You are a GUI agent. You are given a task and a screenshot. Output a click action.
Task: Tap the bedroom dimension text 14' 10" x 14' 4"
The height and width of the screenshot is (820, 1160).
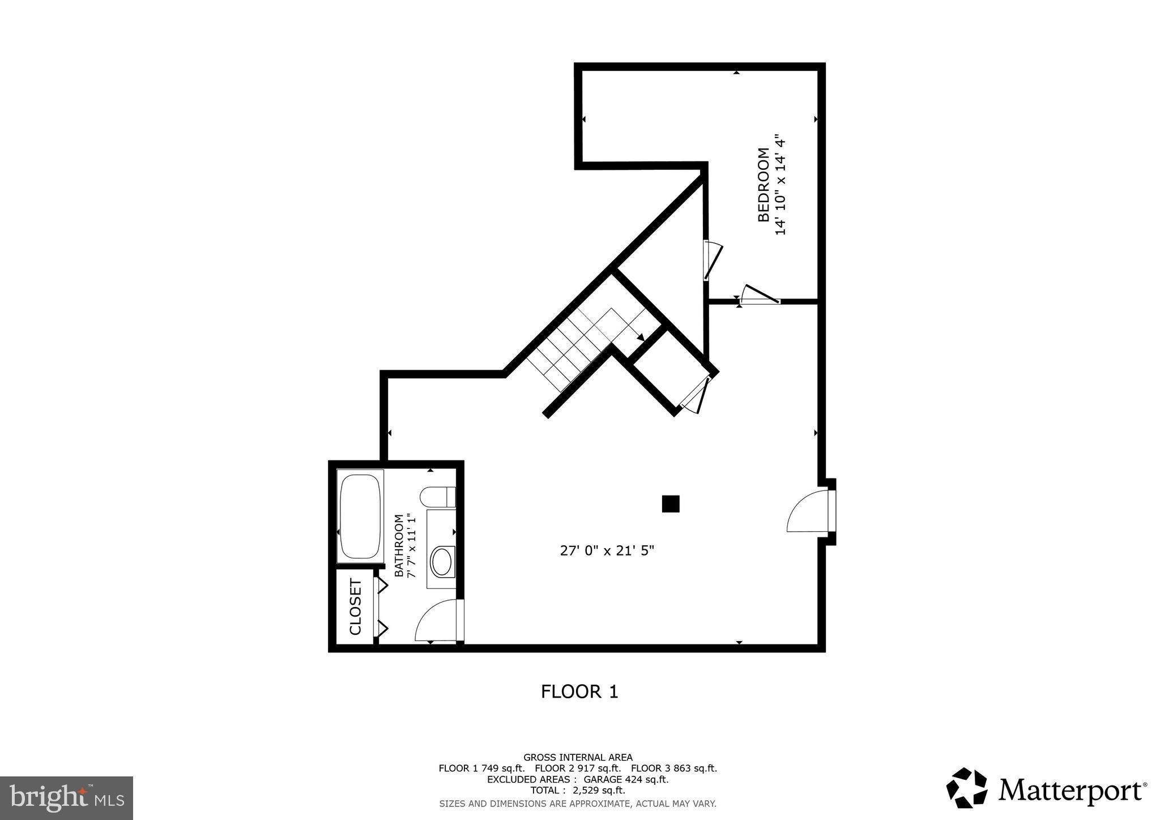click(781, 185)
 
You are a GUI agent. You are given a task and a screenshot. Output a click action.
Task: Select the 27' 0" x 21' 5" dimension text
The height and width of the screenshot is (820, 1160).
click(607, 550)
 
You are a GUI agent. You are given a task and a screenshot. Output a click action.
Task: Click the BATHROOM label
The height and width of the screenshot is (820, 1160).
click(399, 545)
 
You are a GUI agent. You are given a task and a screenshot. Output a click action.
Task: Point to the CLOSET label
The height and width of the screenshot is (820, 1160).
click(355, 607)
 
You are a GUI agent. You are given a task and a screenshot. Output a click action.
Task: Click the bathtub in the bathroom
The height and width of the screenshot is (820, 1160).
click(360, 515)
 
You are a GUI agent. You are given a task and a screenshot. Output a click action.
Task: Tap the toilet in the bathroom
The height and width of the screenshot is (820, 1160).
click(437, 497)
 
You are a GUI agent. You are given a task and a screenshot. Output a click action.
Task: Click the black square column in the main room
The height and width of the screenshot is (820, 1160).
click(671, 503)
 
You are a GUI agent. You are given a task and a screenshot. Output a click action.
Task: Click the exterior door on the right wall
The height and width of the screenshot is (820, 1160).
click(810, 511)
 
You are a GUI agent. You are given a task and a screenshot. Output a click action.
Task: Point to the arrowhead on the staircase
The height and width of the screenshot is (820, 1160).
click(640, 338)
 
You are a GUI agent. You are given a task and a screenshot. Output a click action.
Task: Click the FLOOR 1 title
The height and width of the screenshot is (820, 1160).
click(579, 691)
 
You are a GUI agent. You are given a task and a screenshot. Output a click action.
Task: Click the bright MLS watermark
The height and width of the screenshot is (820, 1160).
click(66, 798)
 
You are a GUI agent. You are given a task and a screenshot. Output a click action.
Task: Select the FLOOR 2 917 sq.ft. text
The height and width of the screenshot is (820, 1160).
click(578, 768)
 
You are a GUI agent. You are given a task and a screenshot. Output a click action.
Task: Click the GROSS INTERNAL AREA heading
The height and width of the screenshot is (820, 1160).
click(578, 757)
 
